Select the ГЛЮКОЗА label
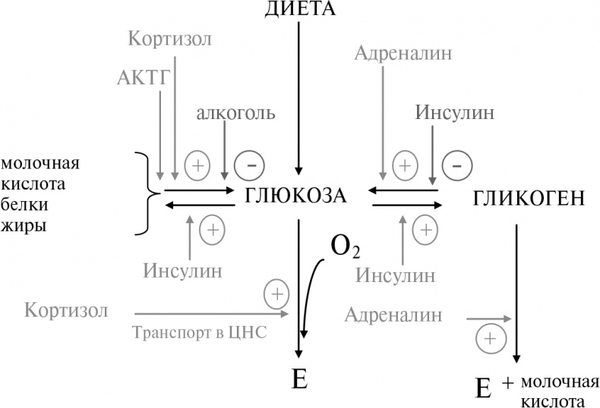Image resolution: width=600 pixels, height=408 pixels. [296, 196]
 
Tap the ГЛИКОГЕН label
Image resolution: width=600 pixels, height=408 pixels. [528, 199]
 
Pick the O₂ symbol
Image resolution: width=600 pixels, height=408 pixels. [345, 246]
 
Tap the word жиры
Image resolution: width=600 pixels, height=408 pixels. [21, 225]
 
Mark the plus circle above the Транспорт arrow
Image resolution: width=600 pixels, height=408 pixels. [276, 293]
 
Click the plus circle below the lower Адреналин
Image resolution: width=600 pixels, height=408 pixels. [490, 337]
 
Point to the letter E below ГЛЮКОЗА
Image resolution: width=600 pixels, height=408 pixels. [299, 379]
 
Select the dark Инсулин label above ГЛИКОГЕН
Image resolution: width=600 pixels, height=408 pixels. [454, 113]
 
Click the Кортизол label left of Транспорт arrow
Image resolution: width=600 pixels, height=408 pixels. [65, 311]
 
